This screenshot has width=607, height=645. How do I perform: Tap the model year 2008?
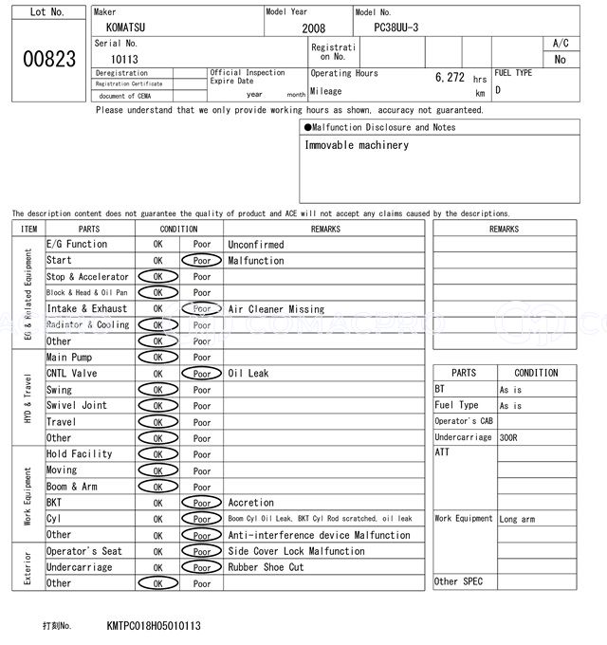313,29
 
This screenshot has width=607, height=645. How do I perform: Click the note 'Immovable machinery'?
357,145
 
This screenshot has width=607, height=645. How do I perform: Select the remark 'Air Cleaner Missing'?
276,309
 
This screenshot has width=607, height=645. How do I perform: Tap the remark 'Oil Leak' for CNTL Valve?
248,374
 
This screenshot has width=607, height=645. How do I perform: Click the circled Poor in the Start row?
202,261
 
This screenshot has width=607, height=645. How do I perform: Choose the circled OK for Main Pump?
157,358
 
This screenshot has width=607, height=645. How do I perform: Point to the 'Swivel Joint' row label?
77,406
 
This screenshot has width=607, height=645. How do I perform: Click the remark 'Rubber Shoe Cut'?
266,567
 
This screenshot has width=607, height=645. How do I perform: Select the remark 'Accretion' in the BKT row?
250,503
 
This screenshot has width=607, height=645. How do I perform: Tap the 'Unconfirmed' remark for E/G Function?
255,245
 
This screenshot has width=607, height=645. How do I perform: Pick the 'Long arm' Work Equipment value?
517,519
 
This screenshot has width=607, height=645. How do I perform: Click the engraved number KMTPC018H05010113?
154,626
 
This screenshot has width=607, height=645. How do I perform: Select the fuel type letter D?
498,91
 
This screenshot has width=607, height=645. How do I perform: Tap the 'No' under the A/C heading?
560,60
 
